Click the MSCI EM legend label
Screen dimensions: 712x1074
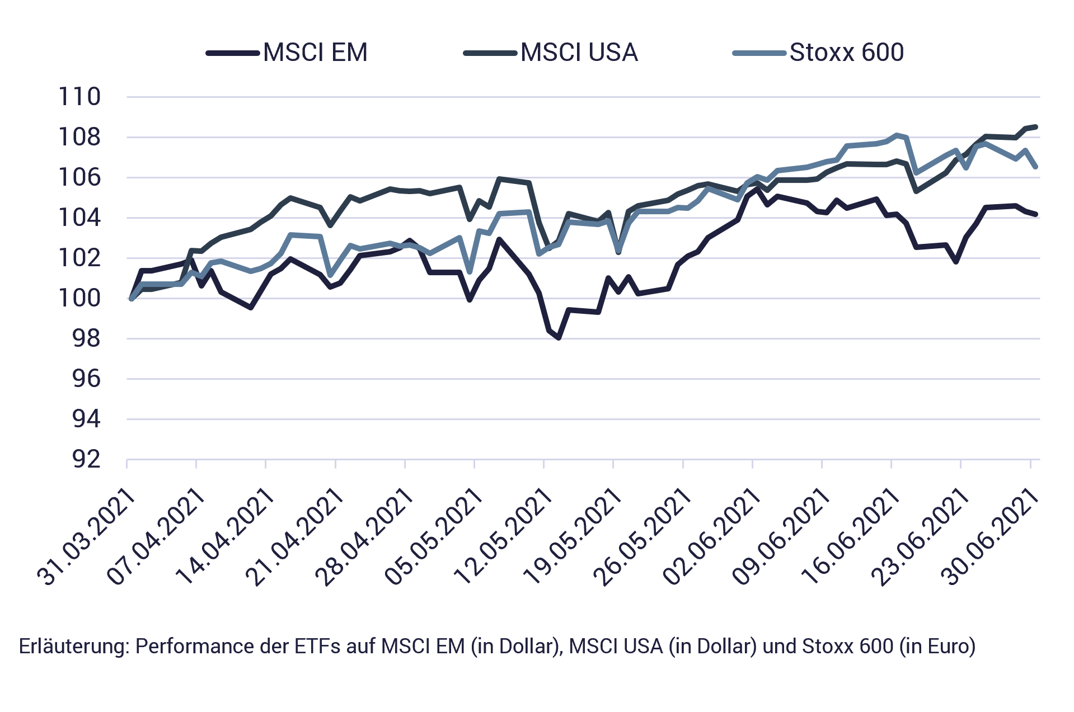pyautogui.click(x=316, y=53)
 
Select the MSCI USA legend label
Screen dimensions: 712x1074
pyautogui.click(x=579, y=53)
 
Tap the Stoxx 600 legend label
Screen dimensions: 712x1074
pyautogui.click(x=847, y=53)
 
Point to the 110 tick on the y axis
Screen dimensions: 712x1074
pyautogui.click(x=80, y=97)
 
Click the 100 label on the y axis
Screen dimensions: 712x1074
pyautogui.click(x=80, y=298)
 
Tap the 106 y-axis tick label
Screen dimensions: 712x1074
pyautogui.click(x=80, y=177)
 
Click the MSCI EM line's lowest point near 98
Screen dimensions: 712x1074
pyautogui.click(x=559, y=338)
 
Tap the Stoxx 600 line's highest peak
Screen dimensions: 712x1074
pyautogui.click(x=897, y=134)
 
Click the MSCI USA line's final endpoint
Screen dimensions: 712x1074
pyautogui.click(x=1036, y=127)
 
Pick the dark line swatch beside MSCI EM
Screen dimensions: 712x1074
pyautogui.click(x=233, y=53)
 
